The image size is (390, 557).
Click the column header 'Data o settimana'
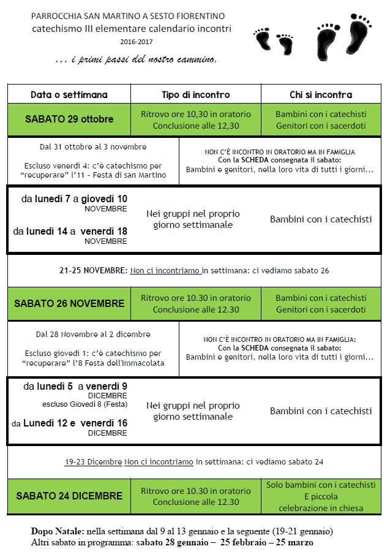click(x=69, y=94)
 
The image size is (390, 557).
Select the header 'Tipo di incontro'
click(x=195, y=94)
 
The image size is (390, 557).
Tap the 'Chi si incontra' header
click(x=320, y=94)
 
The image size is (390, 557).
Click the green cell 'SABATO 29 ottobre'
click(x=69, y=119)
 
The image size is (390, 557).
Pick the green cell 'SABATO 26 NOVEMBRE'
click(x=69, y=303)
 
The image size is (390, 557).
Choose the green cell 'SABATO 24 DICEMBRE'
click(x=69, y=496)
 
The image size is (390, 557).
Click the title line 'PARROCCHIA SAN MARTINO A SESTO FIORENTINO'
click(x=128, y=15)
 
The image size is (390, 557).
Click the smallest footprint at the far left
click(x=263, y=39)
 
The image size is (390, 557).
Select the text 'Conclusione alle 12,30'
click(x=196, y=126)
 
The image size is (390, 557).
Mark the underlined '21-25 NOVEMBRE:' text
click(x=94, y=270)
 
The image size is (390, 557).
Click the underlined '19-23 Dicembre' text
click(x=93, y=461)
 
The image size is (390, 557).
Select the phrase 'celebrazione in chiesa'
click(x=320, y=507)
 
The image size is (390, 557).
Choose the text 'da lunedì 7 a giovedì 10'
click(x=74, y=199)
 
